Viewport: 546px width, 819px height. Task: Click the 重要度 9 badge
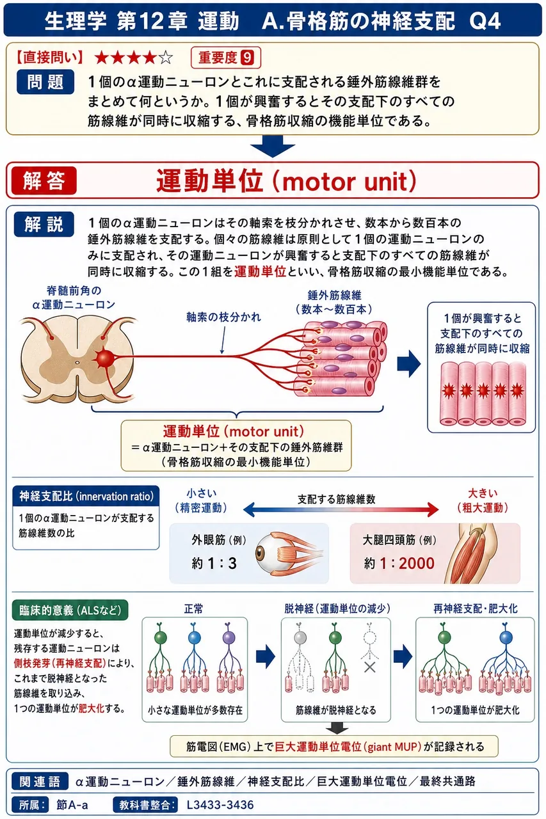226,58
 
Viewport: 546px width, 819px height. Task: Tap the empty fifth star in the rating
166,58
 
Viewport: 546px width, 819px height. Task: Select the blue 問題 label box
45,82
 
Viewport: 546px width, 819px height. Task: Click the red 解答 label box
44,180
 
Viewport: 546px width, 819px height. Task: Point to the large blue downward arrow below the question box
273,145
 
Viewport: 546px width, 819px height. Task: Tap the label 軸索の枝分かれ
223,317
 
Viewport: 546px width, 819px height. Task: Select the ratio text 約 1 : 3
214,563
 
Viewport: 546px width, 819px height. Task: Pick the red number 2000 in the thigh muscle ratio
417,563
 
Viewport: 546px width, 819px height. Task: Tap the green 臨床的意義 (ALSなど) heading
70,610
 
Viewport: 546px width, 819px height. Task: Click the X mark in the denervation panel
370,667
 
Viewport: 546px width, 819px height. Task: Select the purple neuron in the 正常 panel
229,638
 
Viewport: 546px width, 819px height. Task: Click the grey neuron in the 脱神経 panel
300,638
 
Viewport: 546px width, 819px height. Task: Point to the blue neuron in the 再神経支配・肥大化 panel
506,638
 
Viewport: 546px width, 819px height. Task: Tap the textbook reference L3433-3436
220,805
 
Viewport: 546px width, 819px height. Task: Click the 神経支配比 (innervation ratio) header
86,496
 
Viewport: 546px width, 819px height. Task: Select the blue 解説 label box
44,224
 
